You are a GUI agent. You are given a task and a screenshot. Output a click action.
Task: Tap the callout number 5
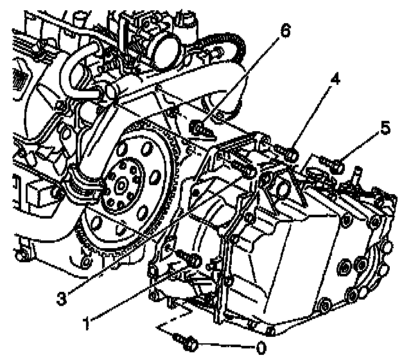[385, 129]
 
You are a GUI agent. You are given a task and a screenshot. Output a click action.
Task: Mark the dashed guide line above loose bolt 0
[173, 318]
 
